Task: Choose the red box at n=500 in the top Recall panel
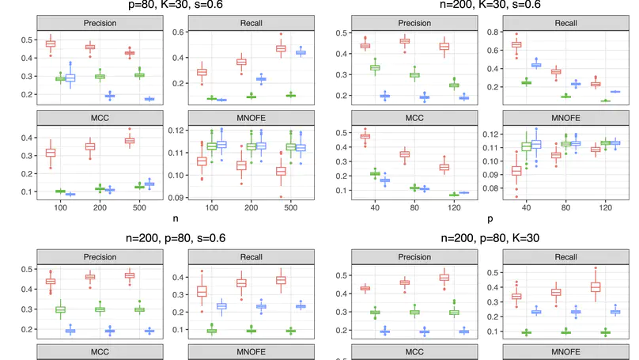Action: pyautogui.click(x=279, y=48)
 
